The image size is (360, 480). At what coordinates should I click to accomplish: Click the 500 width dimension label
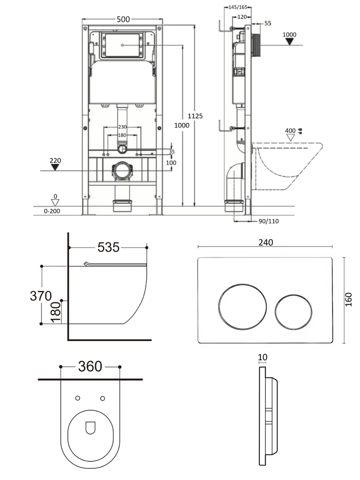(123, 19)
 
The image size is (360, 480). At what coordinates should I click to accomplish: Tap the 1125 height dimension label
(195, 116)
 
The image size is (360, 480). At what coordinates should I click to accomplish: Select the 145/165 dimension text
(238, 7)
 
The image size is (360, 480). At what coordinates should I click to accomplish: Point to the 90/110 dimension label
(269, 222)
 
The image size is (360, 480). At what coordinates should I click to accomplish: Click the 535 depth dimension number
(108, 247)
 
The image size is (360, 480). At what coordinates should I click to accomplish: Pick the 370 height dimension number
(41, 296)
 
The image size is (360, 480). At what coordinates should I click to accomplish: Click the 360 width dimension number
(90, 366)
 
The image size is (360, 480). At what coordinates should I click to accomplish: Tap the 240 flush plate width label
(266, 242)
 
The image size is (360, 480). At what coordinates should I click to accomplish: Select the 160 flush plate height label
(348, 300)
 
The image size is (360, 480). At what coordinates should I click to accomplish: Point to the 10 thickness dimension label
(263, 357)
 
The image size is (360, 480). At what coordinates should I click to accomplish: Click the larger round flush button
(242, 307)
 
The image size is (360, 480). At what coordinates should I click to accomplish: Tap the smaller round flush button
(293, 312)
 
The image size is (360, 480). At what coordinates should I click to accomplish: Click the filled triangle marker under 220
(55, 167)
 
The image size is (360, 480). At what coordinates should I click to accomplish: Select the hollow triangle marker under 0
(55, 202)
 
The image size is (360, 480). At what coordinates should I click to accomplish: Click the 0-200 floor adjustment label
(52, 211)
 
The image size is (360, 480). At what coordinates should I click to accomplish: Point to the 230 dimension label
(122, 127)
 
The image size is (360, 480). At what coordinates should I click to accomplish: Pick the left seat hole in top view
(78, 398)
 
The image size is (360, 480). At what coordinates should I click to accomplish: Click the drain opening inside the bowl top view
(90, 428)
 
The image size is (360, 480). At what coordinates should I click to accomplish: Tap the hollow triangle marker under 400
(290, 138)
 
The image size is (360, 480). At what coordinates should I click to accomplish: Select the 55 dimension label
(268, 23)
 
